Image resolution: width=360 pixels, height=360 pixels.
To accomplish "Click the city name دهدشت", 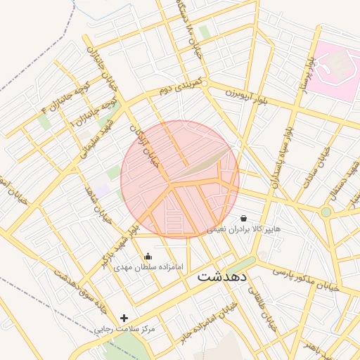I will (x=222, y=276).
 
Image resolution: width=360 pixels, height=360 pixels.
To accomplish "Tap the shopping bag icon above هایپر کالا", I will (x=244, y=219).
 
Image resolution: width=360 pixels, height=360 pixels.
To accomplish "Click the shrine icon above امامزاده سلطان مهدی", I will (x=148, y=257).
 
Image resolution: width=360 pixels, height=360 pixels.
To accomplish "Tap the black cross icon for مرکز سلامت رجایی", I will (x=124, y=319).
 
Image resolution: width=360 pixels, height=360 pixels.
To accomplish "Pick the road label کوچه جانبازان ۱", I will (x=95, y=112).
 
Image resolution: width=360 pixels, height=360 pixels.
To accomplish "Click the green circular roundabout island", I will (x=326, y=212).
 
